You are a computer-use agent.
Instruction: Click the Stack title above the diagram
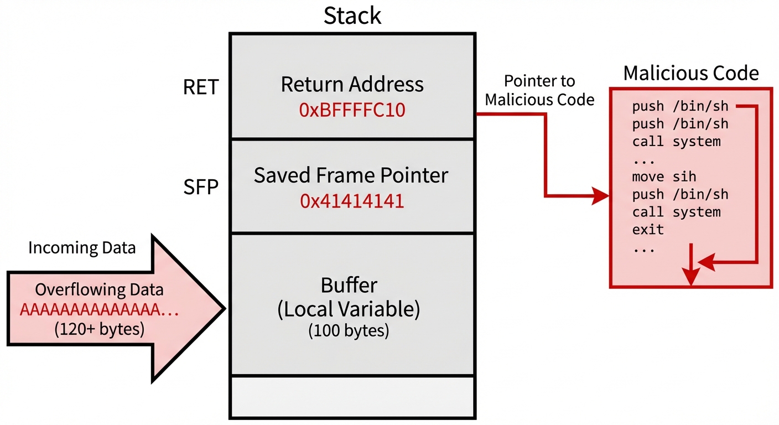[352, 15]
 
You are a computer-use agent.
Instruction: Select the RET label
[201, 87]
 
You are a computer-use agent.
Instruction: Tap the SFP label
[201, 188]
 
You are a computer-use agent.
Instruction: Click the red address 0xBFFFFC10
[352, 111]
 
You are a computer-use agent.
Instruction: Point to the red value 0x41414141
[352, 201]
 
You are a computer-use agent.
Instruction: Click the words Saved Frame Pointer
[351, 175]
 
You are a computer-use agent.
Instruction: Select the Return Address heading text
[352, 85]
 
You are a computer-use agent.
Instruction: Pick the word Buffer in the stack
[349, 286]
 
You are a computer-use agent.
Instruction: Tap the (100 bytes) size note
[349, 331]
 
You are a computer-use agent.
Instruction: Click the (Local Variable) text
[349, 309]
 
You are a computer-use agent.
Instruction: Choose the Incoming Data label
[82, 247]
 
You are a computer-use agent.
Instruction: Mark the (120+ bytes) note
[100, 329]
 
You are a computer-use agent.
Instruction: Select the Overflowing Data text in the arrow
[100, 290]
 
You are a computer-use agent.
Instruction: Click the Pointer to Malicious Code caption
[539, 90]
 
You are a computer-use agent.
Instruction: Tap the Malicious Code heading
[691, 73]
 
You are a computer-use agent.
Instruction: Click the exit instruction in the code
[648, 229]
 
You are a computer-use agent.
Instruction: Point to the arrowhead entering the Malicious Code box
[601, 196]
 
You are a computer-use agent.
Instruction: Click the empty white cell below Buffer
[352, 397]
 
